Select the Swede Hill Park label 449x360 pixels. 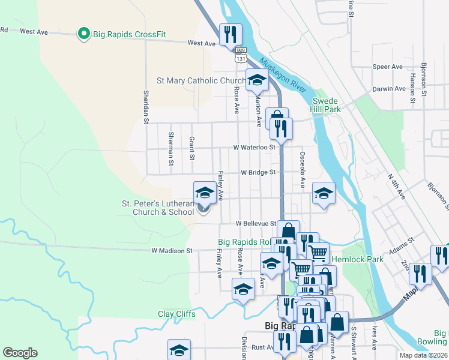coord(325,105)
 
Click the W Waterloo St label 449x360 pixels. coord(255,147)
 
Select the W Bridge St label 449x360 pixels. coord(258,172)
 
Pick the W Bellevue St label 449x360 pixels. coord(256,223)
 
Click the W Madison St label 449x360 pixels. coord(171,250)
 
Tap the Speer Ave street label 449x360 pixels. coord(387,67)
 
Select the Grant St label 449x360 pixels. coord(192,148)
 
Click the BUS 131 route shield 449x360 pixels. coord(241,55)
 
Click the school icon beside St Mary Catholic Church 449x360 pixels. coord(257,80)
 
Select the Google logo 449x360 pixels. coord(20,353)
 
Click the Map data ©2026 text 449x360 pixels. coord(424,355)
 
